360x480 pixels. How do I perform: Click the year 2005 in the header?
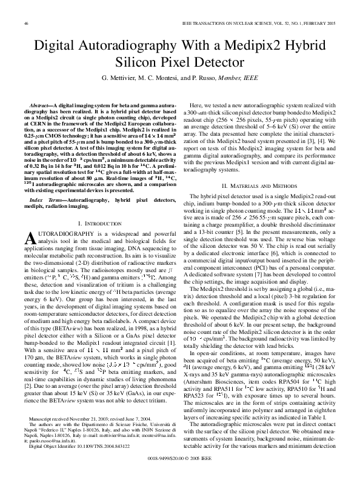click(330, 23)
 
